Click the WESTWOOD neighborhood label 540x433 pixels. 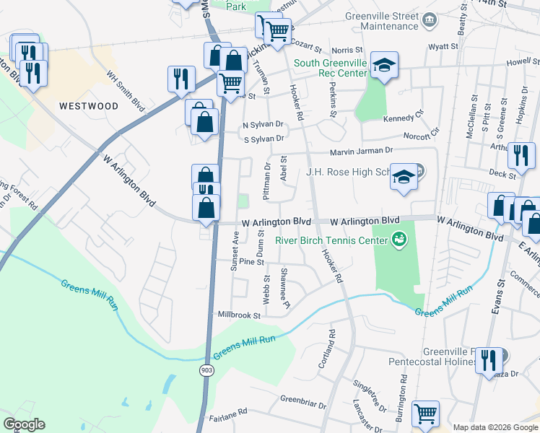coord(89,106)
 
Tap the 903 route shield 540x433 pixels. coord(207,369)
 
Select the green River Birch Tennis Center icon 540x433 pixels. coord(397,237)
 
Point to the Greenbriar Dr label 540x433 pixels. coord(304,398)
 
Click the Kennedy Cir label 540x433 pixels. coord(403,118)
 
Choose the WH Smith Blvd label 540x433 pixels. coord(126,89)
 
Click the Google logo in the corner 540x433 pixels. coord(24,424)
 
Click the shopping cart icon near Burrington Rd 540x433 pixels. coord(426,414)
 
